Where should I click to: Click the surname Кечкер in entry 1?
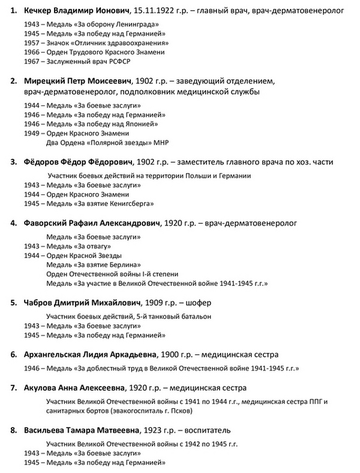point(38,10)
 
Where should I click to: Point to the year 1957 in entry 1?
point(31,43)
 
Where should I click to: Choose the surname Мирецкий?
point(44,81)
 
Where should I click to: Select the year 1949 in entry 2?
point(31,133)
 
